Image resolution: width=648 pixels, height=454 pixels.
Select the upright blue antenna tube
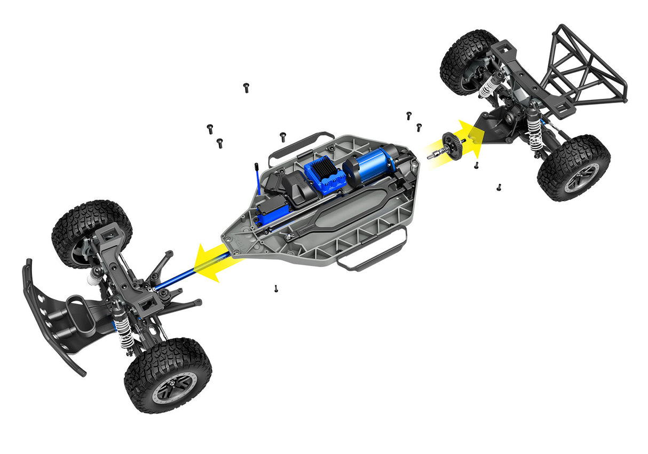(258, 179)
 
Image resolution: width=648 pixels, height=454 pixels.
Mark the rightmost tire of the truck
(574, 168)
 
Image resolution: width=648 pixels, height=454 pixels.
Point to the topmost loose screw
(246, 87)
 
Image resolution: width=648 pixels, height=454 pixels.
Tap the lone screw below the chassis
(276, 288)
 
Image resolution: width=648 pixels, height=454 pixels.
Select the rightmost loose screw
(499, 187)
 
